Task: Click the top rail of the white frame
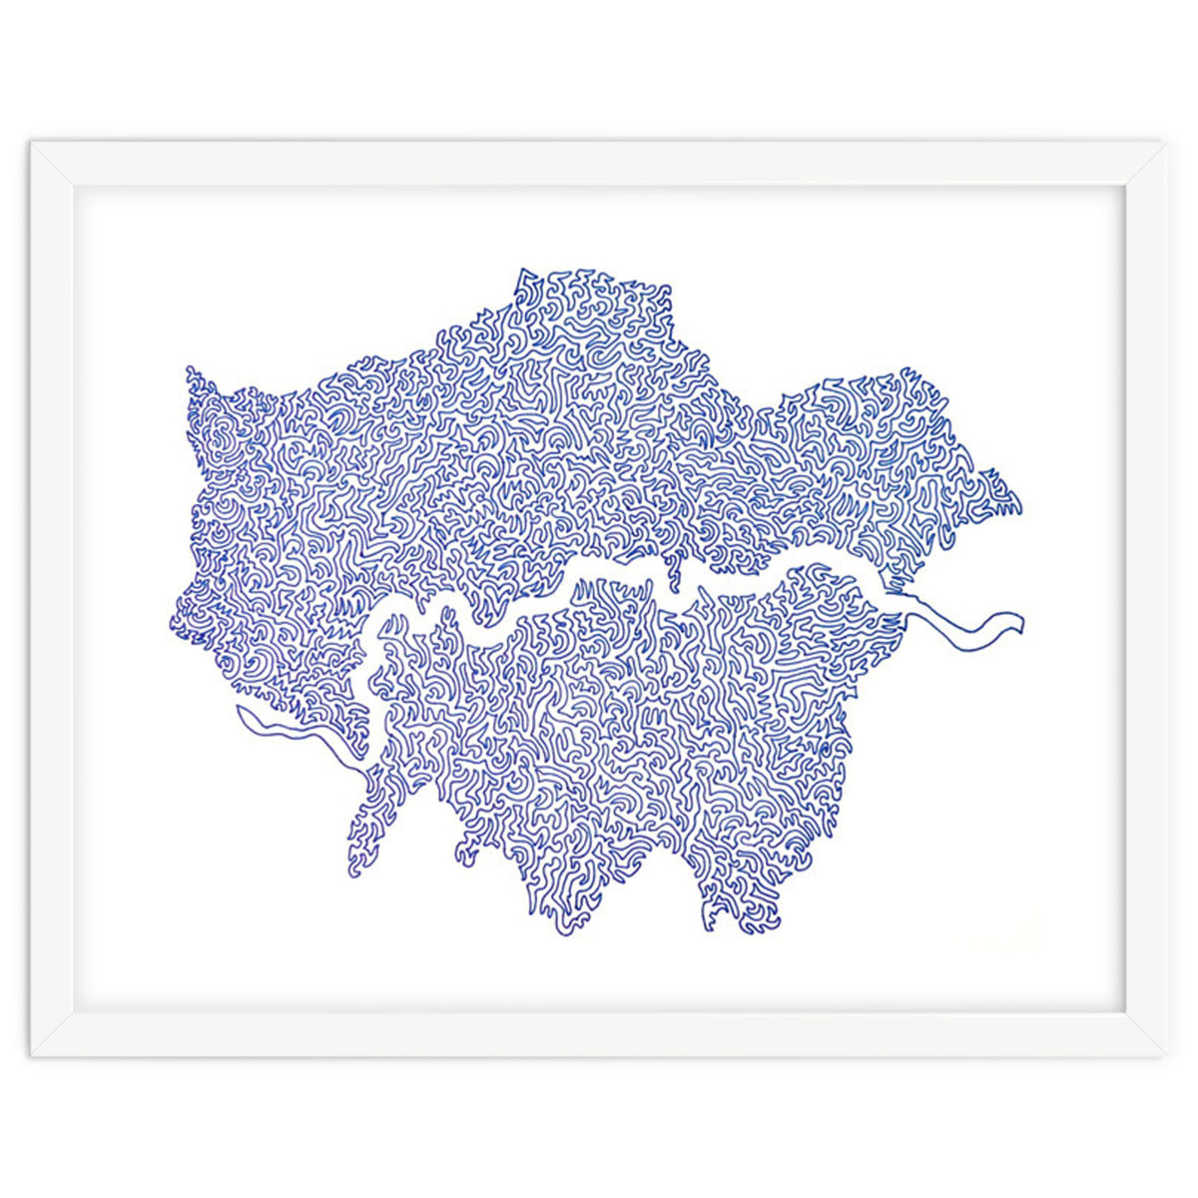[x=599, y=163]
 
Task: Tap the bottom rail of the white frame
[x=599, y=1034]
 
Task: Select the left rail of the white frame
[x=52, y=599]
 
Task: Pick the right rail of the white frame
[x=1145, y=599]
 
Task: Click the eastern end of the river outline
[x=1020, y=621]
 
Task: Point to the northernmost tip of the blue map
[x=521, y=270]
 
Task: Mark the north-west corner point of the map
[x=188, y=369]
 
